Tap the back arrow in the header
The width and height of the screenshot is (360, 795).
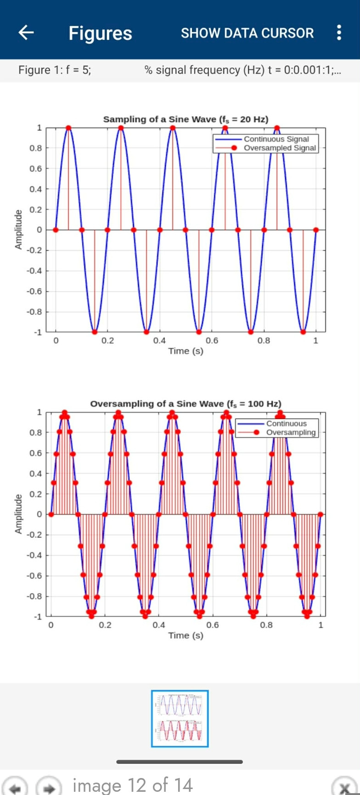pyautogui.click(x=26, y=32)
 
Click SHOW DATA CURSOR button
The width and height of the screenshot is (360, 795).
pyautogui.click(x=247, y=33)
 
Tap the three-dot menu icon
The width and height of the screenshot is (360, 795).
pyautogui.click(x=339, y=33)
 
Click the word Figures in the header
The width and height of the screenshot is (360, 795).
pyautogui.click(x=100, y=33)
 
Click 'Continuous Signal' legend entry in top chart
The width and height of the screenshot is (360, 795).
pyautogui.click(x=276, y=139)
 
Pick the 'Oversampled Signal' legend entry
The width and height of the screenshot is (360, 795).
pyautogui.click(x=280, y=148)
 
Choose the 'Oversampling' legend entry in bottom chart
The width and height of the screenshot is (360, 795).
pyautogui.click(x=291, y=432)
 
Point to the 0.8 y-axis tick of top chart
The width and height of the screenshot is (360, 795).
pyautogui.click(x=36, y=148)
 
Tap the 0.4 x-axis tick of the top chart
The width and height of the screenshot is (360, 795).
pyautogui.click(x=159, y=341)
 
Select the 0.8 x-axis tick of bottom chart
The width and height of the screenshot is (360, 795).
pyautogui.click(x=266, y=625)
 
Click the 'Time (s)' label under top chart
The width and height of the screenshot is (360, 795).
pyautogui.click(x=186, y=351)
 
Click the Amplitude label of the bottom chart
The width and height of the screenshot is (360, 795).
pyautogui.click(x=18, y=514)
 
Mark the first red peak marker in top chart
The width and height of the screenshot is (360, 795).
pyautogui.click(x=68, y=128)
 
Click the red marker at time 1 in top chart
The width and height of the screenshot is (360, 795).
pyautogui.click(x=316, y=230)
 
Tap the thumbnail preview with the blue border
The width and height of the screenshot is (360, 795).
pyautogui.click(x=180, y=718)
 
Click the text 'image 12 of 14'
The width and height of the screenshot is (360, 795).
pyautogui.click(x=132, y=785)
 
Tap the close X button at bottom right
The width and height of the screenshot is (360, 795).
pyautogui.click(x=345, y=787)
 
